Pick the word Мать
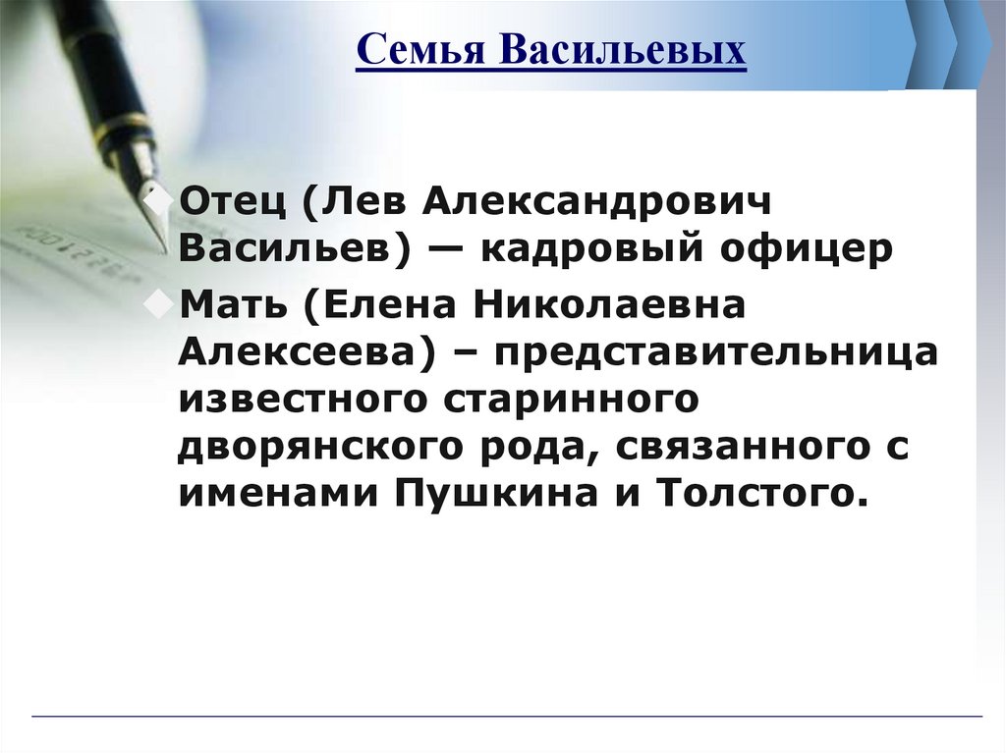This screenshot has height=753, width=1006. (x=234, y=305)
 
